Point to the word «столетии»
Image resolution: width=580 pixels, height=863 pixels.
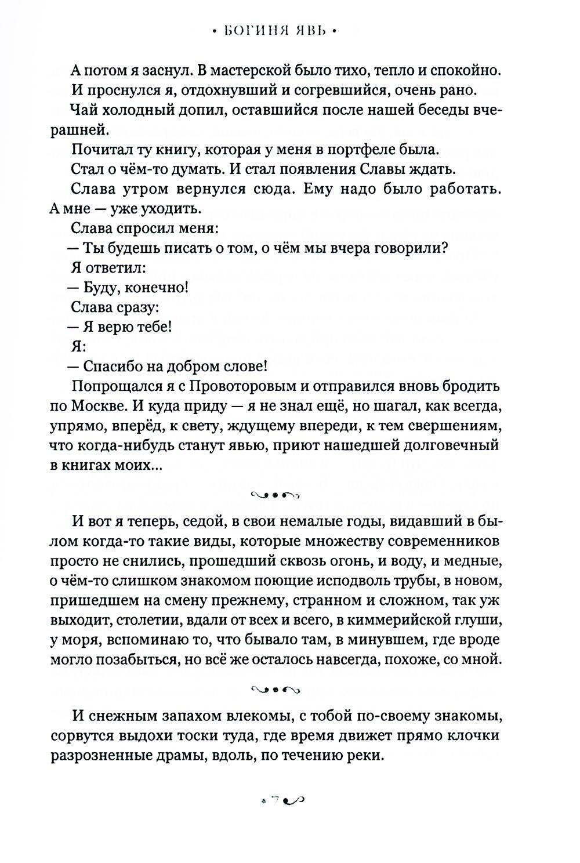[x=149, y=620]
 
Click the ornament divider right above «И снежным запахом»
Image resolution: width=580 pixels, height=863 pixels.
[x=275, y=689]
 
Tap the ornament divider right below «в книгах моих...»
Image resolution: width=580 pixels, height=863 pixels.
[x=275, y=494]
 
